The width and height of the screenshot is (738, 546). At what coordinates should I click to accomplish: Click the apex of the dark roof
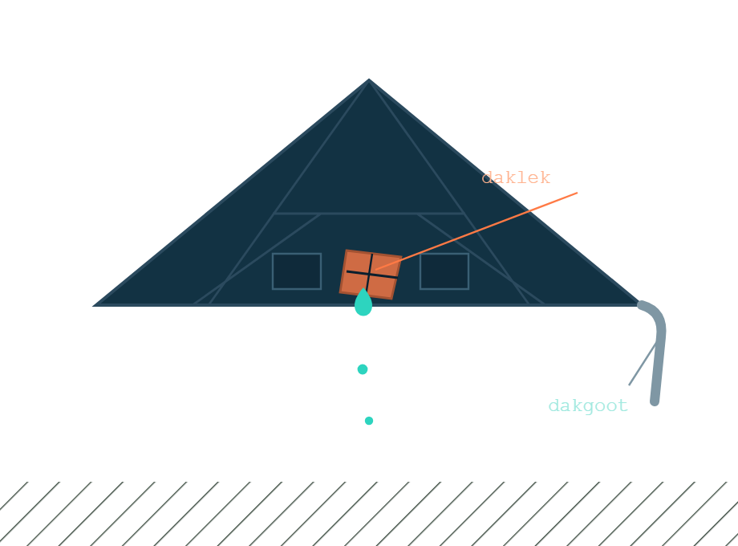[x=369, y=79]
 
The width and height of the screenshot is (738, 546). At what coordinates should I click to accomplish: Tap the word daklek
[x=516, y=177]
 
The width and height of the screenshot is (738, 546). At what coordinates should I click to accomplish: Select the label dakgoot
[x=588, y=405]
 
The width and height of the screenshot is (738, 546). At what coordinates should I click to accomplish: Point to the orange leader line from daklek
[x=476, y=230]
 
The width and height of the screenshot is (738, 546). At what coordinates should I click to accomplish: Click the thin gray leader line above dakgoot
[x=643, y=364]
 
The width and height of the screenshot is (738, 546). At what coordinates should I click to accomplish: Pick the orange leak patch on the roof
[x=371, y=275]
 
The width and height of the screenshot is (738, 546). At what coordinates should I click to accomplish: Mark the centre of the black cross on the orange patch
[x=371, y=274]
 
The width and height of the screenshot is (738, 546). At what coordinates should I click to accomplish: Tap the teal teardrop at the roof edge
[x=363, y=304]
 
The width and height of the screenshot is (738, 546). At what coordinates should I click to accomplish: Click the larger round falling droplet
[x=363, y=369]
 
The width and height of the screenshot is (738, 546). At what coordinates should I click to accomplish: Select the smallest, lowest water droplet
[x=369, y=421]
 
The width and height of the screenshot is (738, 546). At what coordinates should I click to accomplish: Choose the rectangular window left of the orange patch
[x=297, y=271]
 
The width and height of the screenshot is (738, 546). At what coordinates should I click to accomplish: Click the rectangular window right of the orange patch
[x=444, y=271]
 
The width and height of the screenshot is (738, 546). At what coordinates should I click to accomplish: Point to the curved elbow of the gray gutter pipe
[x=658, y=317]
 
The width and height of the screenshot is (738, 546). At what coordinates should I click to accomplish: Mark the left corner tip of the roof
[x=93, y=306]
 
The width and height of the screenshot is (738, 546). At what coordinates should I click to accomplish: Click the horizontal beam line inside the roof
[x=370, y=214]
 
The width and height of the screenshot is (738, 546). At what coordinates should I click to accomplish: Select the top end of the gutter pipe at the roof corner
[x=641, y=305]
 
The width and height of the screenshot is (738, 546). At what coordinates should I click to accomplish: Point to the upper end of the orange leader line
[x=577, y=193]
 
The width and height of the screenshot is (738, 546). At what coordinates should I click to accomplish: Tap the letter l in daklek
[x=516, y=177]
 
